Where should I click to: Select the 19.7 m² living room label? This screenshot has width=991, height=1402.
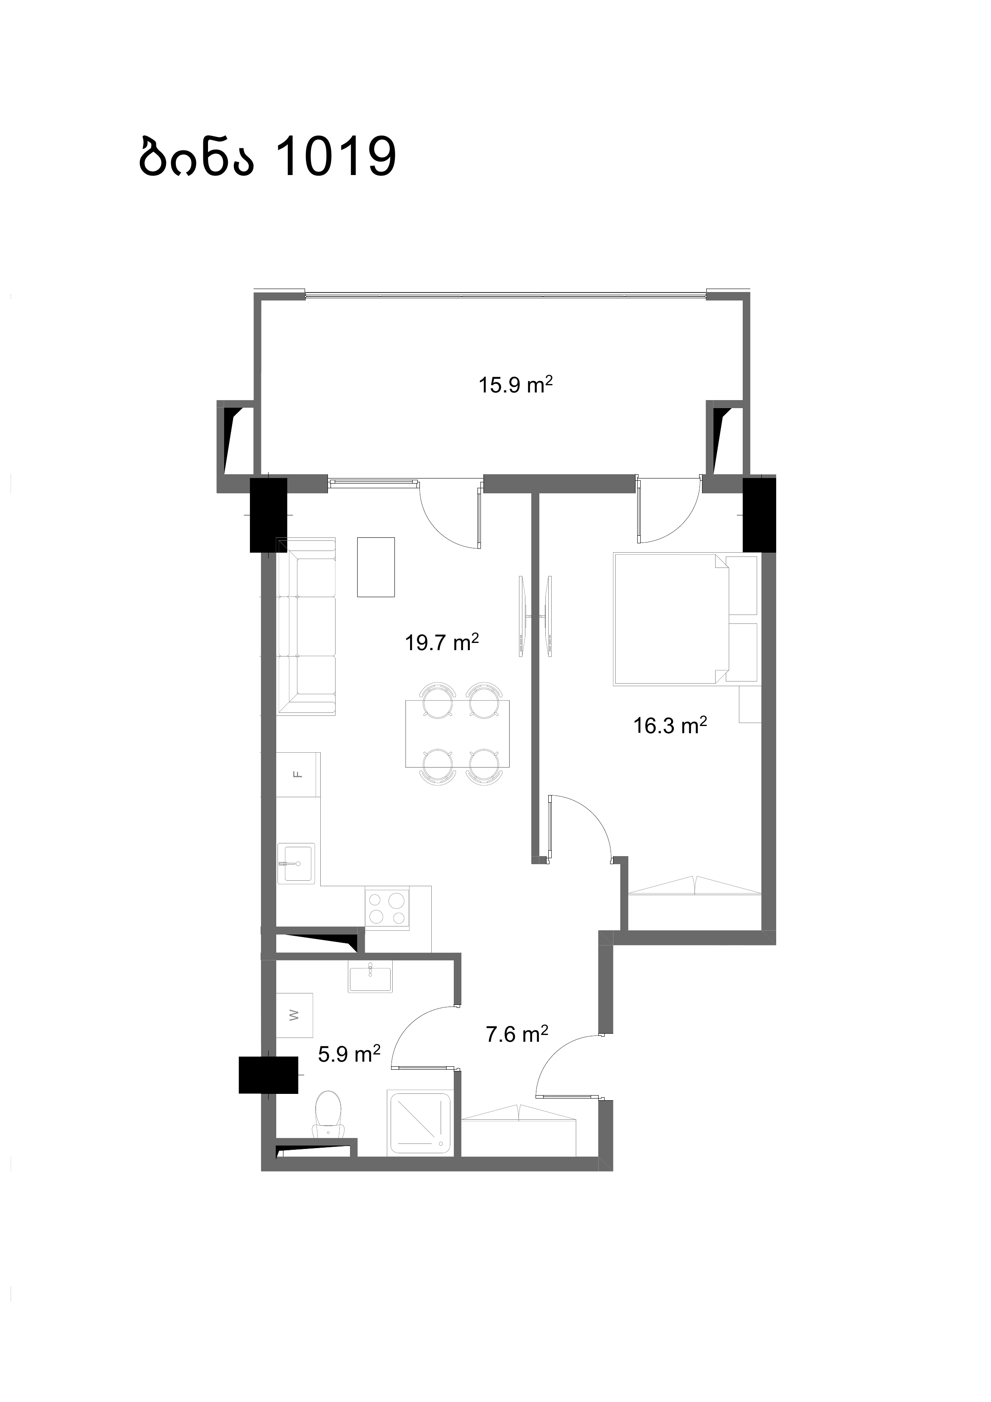tap(441, 643)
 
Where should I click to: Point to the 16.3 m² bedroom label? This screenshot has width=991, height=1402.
tap(670, 726)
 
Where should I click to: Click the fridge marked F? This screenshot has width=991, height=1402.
tap(298, 774)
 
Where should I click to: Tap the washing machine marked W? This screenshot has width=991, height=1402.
tap(294, 1015)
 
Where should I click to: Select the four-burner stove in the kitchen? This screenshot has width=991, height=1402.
tap(387, 908)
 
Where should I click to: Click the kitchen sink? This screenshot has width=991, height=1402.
tap(297, 863)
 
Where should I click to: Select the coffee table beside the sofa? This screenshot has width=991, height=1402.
tap(376, 567)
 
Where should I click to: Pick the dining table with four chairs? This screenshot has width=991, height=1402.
tap(457, 733)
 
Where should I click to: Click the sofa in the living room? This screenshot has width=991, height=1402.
tap(306, 626)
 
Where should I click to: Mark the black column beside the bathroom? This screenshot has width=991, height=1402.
tap(269, 1075)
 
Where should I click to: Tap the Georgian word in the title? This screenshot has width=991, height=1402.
tap(196, 157)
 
